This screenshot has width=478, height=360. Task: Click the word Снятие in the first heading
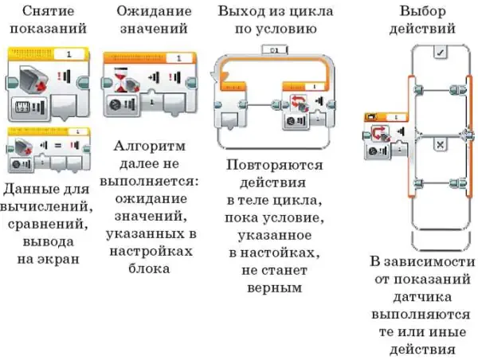pyautogui.click(x=48, y=11)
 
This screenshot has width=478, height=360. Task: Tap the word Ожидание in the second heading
pyautogui.click(x=154, y=12)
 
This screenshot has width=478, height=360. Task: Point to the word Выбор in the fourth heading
pyautogui.click(x=423, y=12)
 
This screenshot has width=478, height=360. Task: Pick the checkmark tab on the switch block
pyautogui.click(x=441, y=52)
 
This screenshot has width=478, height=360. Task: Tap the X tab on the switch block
pyautogui.click(x=440, y=144)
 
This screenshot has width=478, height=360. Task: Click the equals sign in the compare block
pyautogui.click(x=58, y=146)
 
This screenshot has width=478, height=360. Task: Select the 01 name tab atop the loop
pyautogui.click(x=274, y=50)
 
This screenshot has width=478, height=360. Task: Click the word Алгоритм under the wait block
pyautogui.click(x=150, y=147)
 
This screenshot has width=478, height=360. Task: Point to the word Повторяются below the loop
pyautogui.click(x=274, y=165)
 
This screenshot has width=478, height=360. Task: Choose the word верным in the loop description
pyautogui.click(x=274, y=288)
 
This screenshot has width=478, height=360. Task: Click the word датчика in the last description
pyautogui.click(x=422, y=297)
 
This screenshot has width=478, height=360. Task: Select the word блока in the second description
pyautogui.click(x=149, y=269)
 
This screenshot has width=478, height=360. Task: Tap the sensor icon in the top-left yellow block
pyautogui.click(x=33, y=79)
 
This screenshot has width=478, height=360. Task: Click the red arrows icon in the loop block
pyautogui.click(x=300, y=104)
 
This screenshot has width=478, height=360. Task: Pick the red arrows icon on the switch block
pyautogui.click(x=381, y=134)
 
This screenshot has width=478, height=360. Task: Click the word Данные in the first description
pyautogui.click(x=25, y=190)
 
